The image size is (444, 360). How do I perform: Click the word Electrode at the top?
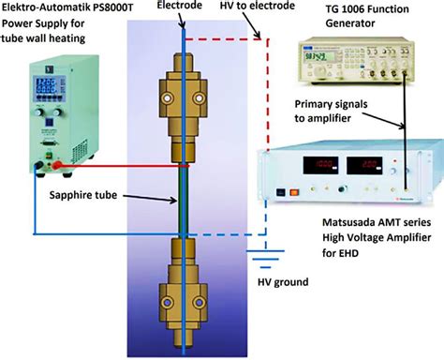click(x=182, y=8)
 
